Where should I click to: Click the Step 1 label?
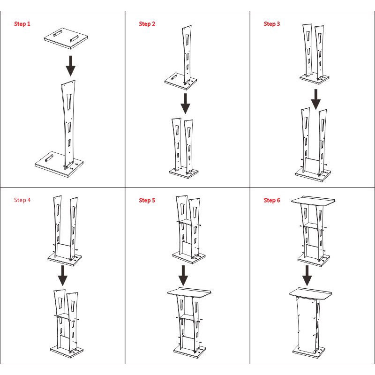pyautogui.click(x=22, y=24)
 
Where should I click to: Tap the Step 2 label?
pyautogui.click(x=147, y=24)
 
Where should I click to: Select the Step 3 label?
pyautogui.click(x=272, y=24)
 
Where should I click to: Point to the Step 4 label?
pyautogui.click(x=22, y=200)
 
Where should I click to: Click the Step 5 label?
pyautogui.click(x=147, y=200)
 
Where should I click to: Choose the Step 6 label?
pyautogui.click(x=272, y=200)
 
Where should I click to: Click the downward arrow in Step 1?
pyautogui.click(x=70, y=66)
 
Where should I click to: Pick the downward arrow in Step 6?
pyautogui.click(x=307, y=275)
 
